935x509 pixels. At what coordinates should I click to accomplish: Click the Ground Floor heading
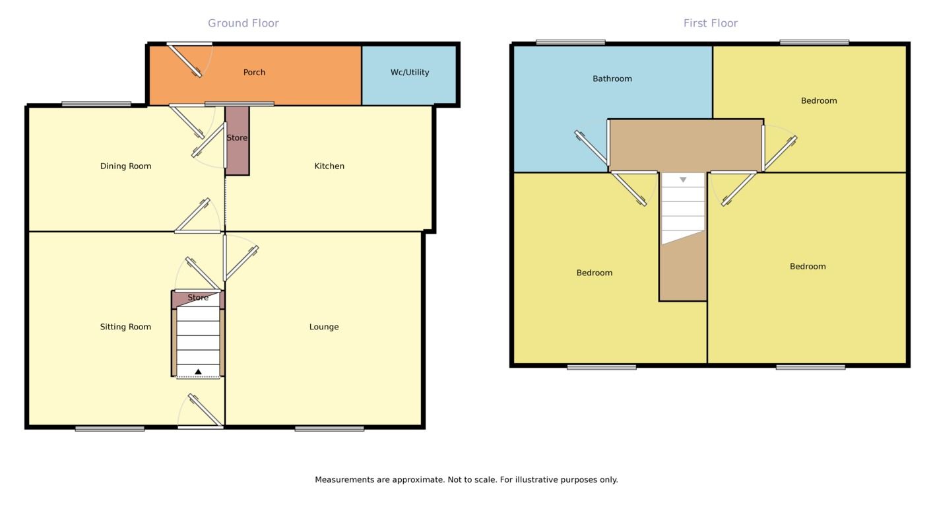click(x=243, y=24)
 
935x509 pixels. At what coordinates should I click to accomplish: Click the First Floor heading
click(x=710, y=24)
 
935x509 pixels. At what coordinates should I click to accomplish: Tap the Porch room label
click(x=254, y=73)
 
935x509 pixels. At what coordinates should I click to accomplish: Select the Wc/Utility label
click(x=410, y=73)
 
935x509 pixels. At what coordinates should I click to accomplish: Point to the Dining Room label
click(x=125, y=166)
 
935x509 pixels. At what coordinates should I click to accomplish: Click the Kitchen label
click(x=329, y=166)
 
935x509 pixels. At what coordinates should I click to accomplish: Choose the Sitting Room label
click(x=125, y=327)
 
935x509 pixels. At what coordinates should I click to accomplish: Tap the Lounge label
click(x=324, y=327)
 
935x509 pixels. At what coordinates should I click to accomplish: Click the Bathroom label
click(x=612, y=79)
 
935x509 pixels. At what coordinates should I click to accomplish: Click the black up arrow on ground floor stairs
click(x=198, y=372)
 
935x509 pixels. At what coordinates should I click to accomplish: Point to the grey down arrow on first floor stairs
click(x=683, y=180)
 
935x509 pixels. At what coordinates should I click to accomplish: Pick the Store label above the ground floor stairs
click(x=198, y=298)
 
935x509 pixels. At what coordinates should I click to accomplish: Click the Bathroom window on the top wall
click(x=570, y=43)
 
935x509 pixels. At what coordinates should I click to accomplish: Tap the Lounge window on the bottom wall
click(x=329, y=428)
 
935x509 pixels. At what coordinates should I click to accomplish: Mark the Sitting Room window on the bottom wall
click(x=110, y=428)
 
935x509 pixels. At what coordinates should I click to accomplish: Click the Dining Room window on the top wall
click(x=96, y=104)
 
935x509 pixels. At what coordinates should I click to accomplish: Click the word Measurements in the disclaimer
click(x=344, y=480)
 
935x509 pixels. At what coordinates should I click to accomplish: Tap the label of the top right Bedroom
click(x=819, y=101)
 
